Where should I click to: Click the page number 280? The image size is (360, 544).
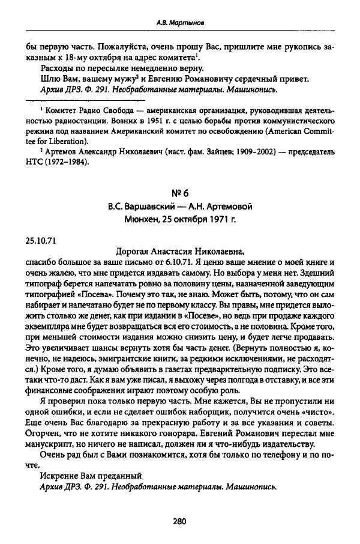click(180, 522)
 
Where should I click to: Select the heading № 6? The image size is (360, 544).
click(180, 190)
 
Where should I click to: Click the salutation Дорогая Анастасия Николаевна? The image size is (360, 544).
click(180, 252)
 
